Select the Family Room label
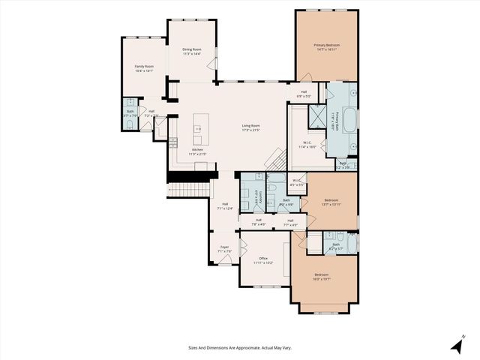[144, 69]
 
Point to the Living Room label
[250, 127]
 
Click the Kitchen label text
[197, 152]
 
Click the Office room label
[262, 261]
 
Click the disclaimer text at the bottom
[239, 347]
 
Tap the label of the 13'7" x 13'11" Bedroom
[331, 202]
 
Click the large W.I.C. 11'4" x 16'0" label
[307, 145]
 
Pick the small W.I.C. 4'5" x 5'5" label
[296, 181]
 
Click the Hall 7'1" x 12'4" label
[224, 205]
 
